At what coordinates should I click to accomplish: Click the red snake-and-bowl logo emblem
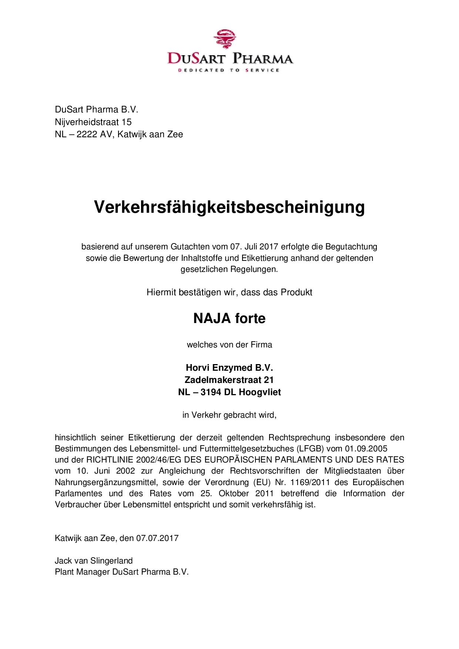coord(225,39)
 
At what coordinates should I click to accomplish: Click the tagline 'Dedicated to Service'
coord(229,70)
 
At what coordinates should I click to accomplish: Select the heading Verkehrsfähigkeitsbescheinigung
coord(229,207)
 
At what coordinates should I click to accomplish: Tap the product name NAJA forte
coord(229,319)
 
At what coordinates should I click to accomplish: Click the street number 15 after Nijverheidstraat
coord(127,122)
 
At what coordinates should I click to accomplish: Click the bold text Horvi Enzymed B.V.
coord(229,368)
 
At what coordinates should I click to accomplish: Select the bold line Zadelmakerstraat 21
coord(229,380)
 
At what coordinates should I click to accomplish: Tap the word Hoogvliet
coord(259,392)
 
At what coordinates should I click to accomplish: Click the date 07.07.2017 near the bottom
coord(157,538)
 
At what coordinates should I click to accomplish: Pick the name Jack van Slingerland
coord(94,561)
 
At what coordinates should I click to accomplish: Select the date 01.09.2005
coord(366,449)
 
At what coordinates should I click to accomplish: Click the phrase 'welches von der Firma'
coord(229,345)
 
